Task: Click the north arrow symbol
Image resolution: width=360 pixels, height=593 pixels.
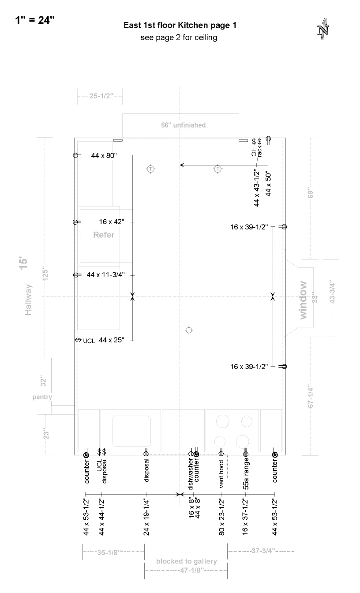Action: point(323,29)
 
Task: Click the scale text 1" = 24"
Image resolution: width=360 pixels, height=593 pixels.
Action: point(35,20)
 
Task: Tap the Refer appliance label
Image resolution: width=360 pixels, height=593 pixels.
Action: point(104,235)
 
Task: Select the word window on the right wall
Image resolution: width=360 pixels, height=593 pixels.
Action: point(303,300)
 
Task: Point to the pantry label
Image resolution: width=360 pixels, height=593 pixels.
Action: point(42,397)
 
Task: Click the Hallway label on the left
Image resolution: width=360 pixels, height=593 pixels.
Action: point(28,300)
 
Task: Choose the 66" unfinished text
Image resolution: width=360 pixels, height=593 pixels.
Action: point(184,125)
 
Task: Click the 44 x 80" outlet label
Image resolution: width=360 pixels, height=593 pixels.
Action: point(104,155)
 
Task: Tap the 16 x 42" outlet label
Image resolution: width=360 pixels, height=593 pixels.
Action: point(112,221)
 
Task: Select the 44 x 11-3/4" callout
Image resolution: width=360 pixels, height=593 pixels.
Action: point(105,275)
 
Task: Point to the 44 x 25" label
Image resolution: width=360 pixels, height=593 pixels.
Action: point(112,340)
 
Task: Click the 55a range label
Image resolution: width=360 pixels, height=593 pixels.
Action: point(246,473)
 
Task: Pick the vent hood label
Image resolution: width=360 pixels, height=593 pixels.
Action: point(221,474)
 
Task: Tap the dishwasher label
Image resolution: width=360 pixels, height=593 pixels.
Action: point(191,474)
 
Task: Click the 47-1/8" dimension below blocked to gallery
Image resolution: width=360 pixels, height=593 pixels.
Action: point(190,570)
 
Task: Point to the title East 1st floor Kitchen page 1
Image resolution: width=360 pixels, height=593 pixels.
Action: point(180,26)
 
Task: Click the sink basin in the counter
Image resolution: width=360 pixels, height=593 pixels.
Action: point(131,431)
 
